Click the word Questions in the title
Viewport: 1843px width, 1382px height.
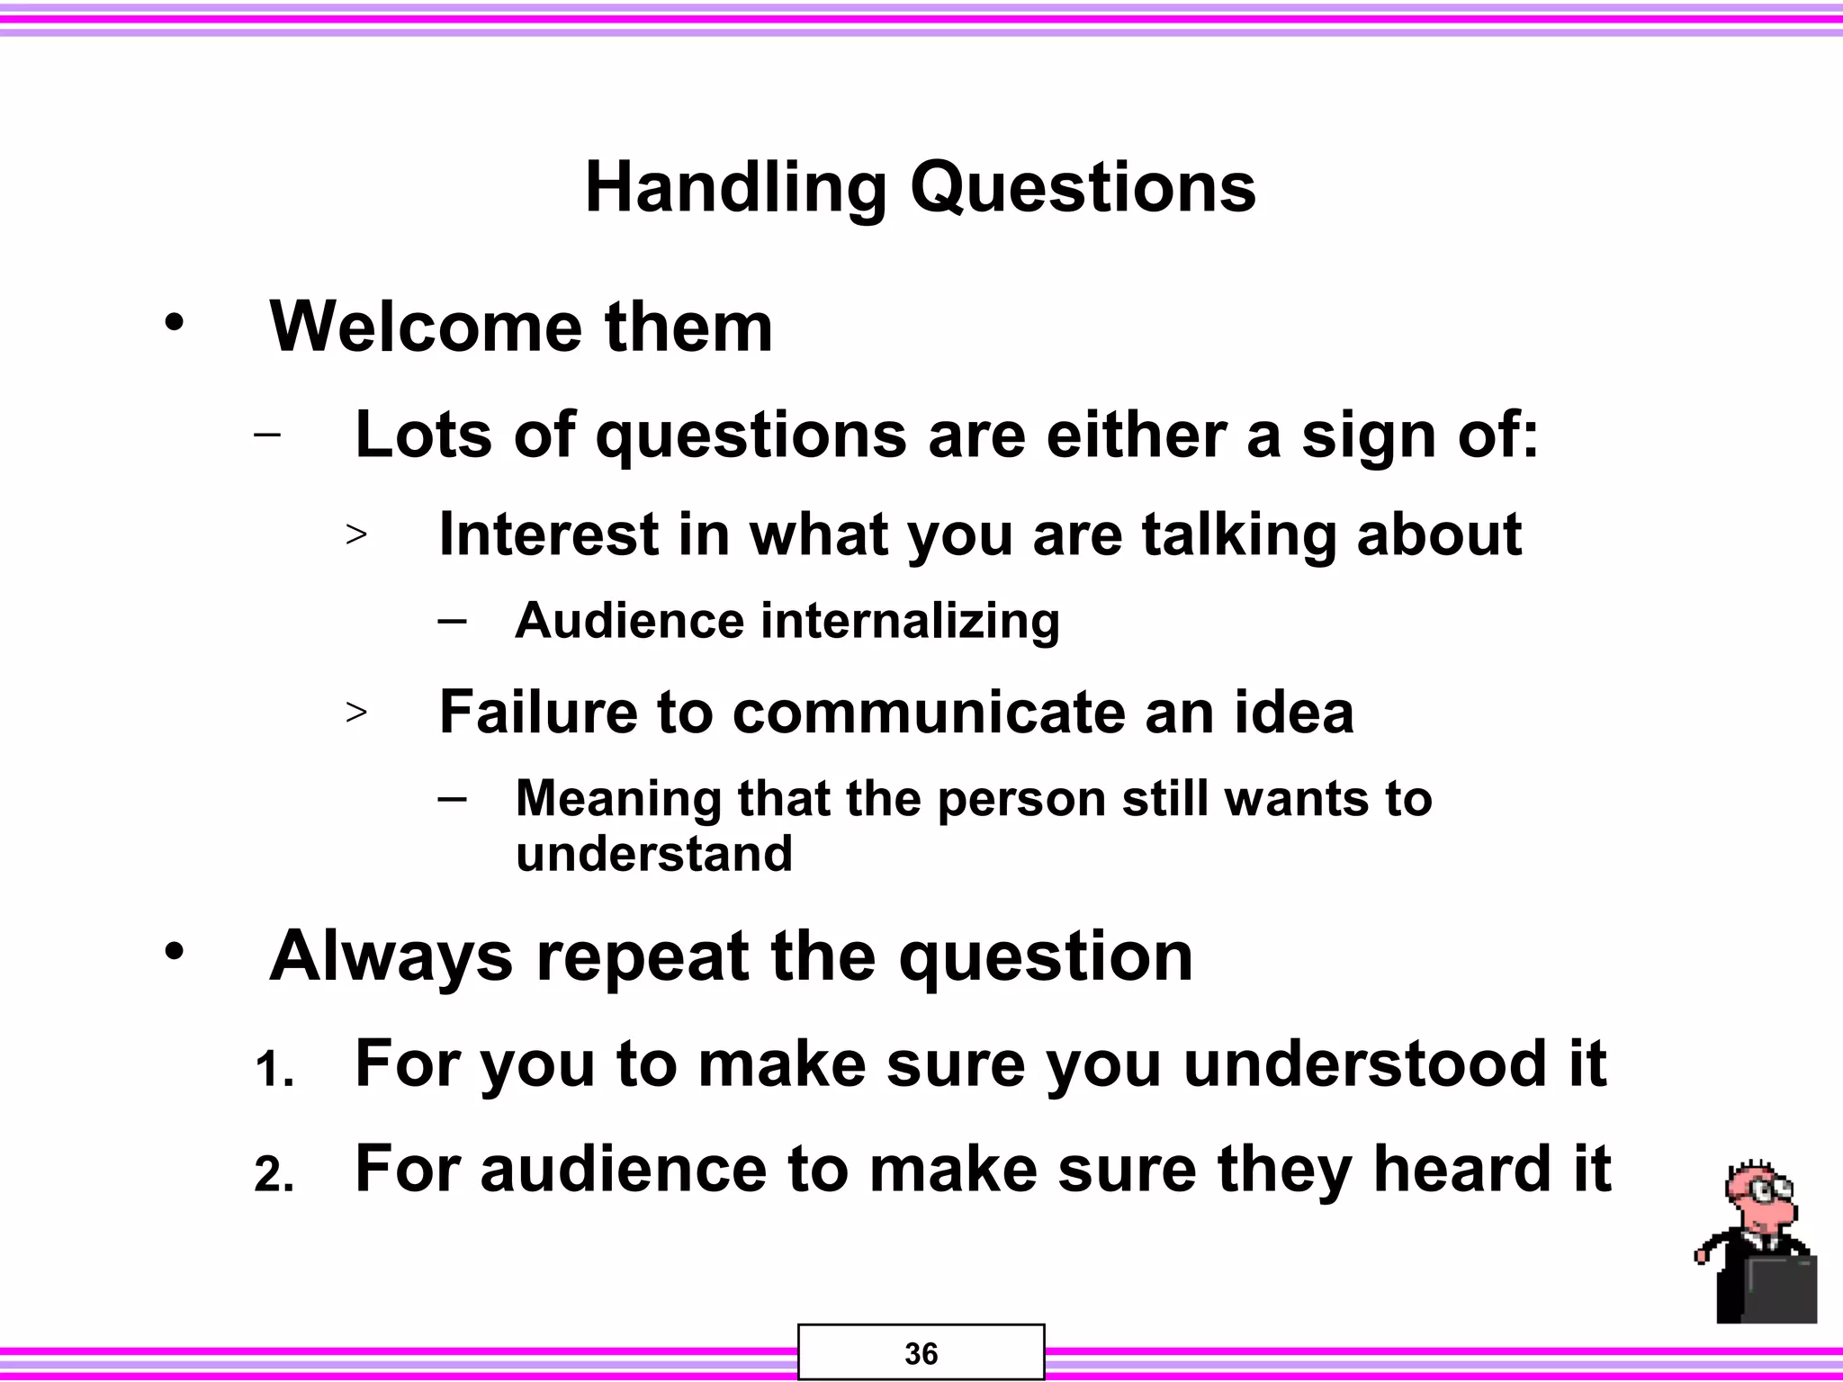(x=1083, y=189)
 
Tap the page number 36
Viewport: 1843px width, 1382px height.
(x=921, y=1353)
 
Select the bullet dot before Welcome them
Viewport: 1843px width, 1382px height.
(x=174, y=322)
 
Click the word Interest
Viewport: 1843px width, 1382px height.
(x=548, y=534)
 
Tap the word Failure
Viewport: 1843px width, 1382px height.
(x=537, y=712)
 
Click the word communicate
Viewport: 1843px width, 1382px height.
(x=928, y=712)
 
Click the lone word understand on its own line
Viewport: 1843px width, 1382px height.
(x=653, y=853)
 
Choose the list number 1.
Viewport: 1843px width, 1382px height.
(x=273, y=1071)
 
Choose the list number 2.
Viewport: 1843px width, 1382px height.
(x=273, y=1175)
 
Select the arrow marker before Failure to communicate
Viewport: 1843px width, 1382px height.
(x=356, y=713)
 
